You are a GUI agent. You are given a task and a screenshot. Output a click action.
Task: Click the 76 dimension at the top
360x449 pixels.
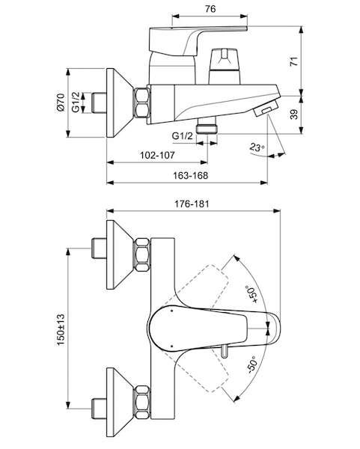pyautogui.click(x=210, y=9)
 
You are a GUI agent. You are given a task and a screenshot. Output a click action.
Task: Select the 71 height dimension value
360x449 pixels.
pyautogui.click(x=294, y=61)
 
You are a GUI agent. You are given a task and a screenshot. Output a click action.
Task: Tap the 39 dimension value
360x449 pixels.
pyautogui.click(x=294, y=114)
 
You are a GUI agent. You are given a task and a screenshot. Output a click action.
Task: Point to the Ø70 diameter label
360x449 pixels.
pyautogui.click(x=61, y=103)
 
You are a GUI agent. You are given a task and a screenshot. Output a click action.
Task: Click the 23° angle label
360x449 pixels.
pyautogui.click(x=257, y=147)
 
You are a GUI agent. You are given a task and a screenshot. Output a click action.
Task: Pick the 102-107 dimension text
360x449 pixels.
pyautogui.click(x=157, y=155)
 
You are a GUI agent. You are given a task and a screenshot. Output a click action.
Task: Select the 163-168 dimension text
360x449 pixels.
pyautogui.click(x=190, y=175)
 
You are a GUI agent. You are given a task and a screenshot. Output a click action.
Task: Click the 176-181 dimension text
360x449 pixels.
pyautogui.click(x=192, y=204)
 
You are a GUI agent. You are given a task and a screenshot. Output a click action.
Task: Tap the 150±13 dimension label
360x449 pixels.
pyautogui.click(x=61, y=329)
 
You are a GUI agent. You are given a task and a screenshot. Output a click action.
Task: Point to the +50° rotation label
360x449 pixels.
pyautogui.click(x=251, y=294)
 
